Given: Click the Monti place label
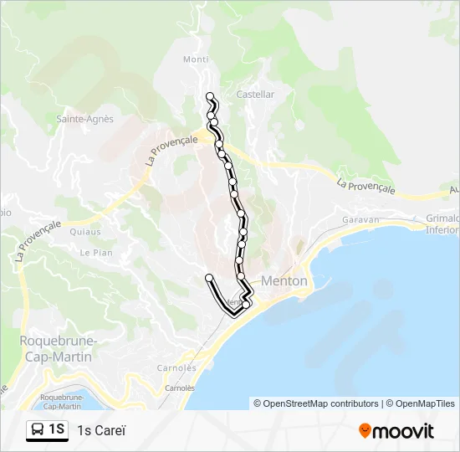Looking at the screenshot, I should point(196,59).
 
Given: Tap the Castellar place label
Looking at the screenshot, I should point(255,95).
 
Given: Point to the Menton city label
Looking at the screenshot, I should point(284,281).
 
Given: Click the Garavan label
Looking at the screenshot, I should point(360,220).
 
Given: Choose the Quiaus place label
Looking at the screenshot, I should point(85,232).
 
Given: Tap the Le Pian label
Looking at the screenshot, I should point(96,252).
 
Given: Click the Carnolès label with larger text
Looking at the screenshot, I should point(176,367).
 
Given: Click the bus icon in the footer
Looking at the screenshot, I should point(38,430).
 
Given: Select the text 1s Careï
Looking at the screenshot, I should point(101,431).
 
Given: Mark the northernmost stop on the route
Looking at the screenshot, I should point(210,95).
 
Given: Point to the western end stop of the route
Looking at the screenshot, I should point(208,277).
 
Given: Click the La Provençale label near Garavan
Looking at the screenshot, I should point(365,186).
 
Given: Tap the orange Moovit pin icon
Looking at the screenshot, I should point(365,431).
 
